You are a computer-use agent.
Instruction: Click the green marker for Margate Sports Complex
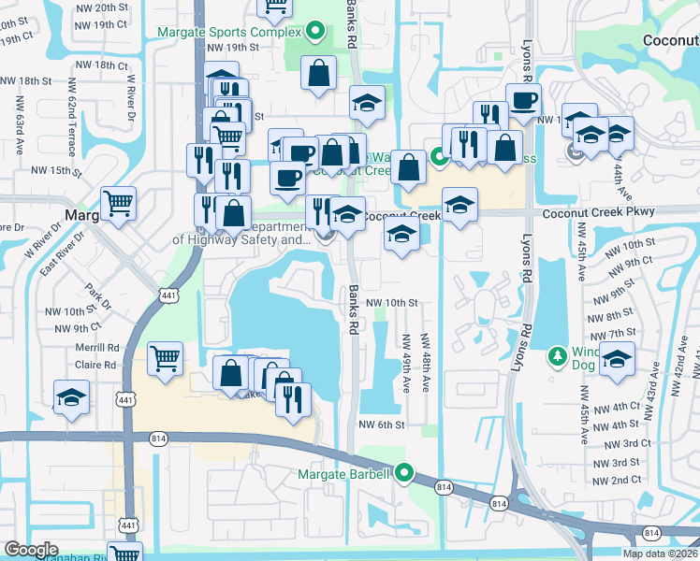(x=316, y=32)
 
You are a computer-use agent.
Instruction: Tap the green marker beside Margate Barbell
(x=404, y=474)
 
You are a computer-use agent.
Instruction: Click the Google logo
(x=31, y=550)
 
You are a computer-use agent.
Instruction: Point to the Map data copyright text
(x=661, y=554)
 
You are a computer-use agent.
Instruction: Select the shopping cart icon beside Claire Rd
(x=165, y=358)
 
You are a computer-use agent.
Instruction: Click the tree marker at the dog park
(x=558, y=356)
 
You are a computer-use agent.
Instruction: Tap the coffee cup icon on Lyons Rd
(x=523, y=100)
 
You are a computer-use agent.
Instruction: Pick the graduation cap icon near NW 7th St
(x=617, y=360)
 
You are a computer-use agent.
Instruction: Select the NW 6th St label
(x=381, y=424)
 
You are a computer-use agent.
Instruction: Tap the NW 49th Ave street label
(x=406, y=364)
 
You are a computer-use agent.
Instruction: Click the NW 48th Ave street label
(x=426, y=364)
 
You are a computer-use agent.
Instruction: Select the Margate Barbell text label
(x=343, y=474)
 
